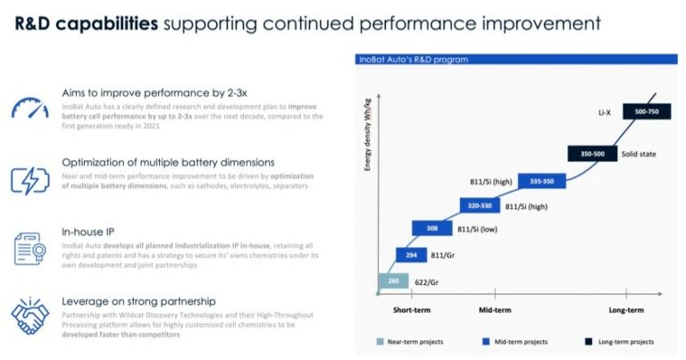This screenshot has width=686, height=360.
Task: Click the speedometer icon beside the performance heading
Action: (29, 107)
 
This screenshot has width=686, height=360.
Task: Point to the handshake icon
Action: (29, 314)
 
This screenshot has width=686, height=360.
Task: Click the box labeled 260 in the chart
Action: (393, 281)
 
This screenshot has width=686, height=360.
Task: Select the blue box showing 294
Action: (412, 255)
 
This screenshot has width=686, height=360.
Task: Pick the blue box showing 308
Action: (433, 228)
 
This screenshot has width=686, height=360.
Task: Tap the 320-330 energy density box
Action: (480, 205)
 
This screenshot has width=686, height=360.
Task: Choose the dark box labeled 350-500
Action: (592, 154)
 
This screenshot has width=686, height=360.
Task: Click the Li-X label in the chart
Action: (605, 113)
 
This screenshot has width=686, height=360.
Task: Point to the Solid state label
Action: (638, 154)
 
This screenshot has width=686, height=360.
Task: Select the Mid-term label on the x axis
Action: (489, 310)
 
